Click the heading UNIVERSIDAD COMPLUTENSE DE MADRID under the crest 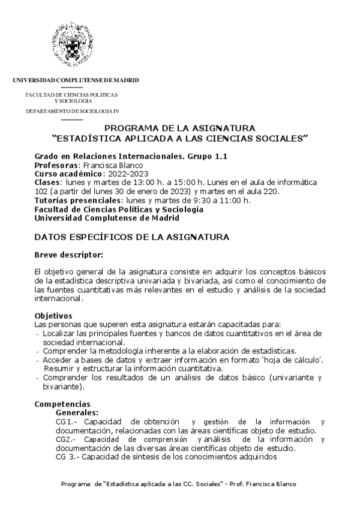pos(76,80)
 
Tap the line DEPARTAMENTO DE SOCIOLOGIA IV pos(73,112)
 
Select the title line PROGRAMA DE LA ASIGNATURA pos(180,128)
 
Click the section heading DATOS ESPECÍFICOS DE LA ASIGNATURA pos(131,238)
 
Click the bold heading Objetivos pos(53,315)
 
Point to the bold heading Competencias pos(63,404)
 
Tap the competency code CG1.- pos(66,422)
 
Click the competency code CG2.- pos(66,439)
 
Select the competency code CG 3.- pos(67,457)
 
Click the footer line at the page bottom pos(179,484)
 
